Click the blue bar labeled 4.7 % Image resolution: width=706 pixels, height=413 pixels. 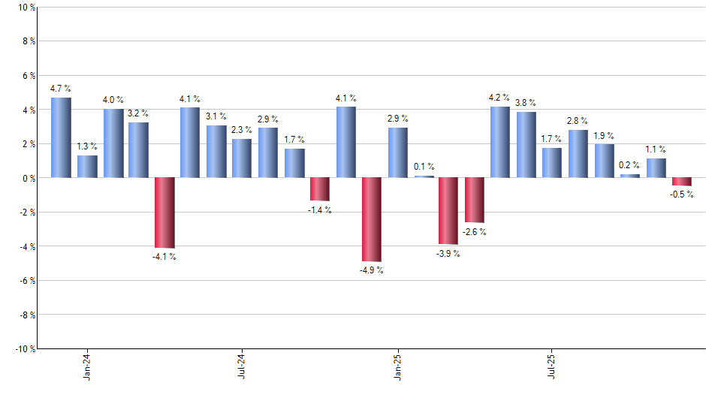click(x=61, y=137)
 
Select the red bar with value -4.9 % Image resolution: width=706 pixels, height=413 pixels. click(x=372, y=219)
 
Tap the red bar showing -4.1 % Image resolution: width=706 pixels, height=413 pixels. click(x=164, y=213)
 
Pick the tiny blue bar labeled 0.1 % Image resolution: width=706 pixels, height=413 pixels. click(x=424, y=176)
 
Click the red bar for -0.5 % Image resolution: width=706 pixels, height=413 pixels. click(x=682, y=182)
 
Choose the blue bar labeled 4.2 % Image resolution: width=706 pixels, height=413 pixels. click(x=499, y=142)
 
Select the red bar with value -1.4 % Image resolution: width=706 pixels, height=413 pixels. click(x=320, y=189)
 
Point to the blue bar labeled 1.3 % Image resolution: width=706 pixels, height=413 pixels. click(x=87, y=166)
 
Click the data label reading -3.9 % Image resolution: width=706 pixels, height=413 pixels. click(x=448, y=254)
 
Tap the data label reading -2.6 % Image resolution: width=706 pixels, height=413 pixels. click(x=474, y=232)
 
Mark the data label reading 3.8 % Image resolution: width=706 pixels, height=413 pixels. click(x=526, y=103)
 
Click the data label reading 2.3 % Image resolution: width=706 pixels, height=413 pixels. click(x=242, y=130)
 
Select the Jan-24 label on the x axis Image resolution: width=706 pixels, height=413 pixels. click(x=87, y=366)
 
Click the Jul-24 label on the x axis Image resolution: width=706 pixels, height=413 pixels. click(x=242, y=366)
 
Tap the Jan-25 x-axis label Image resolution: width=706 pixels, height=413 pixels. click(x=397, y=366)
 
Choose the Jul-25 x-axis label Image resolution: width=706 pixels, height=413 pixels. click(x=552, y=366)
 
